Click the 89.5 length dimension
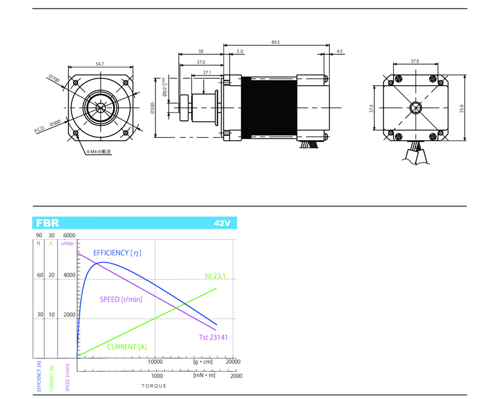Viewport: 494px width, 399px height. (275, 43)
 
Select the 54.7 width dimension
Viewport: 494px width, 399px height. (99, 64)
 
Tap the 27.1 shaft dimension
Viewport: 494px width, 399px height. (206, 73)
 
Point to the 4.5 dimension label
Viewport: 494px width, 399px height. (340, 52)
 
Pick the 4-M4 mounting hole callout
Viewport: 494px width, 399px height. (99, 151)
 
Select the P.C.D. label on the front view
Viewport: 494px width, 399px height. (41, 130)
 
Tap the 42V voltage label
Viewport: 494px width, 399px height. (222, 224)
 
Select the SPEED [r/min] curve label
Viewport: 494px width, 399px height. (121, 300)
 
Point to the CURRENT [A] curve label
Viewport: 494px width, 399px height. (127, 347)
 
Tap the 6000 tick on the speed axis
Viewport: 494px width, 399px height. (69, 236)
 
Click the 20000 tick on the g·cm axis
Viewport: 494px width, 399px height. (233, 362)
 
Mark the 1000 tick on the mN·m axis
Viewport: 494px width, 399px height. (157, 376)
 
